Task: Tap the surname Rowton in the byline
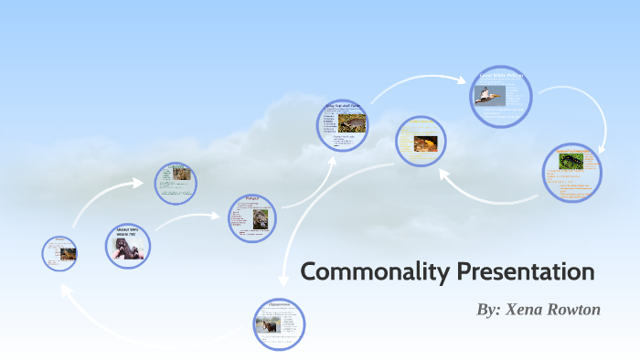pyautogui.click(x=575, y=310)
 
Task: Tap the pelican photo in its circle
pyautogui.click(x=488, y=94)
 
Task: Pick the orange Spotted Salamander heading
pyautogui.click(x=571, y=150)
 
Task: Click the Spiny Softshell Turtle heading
pyautogui.click(x=342, y=108)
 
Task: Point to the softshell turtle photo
pyautogui.click(x=352, y=122)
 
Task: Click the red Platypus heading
pyautogui.click(x=251, y=197)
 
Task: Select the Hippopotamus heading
pyautogui.click(x=279, y=303)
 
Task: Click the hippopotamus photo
pyautogui.click(x=269, y=324)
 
